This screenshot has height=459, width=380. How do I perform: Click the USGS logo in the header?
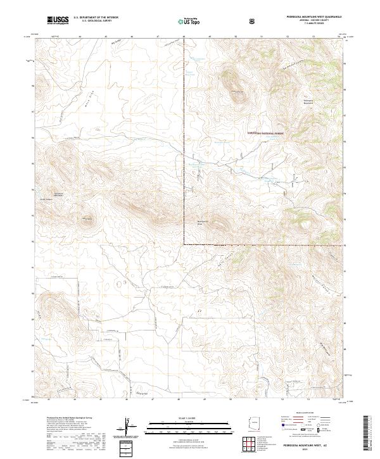(58, 21)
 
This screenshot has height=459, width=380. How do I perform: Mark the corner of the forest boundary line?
(184, 244)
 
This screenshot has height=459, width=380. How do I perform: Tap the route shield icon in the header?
(253, 22)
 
